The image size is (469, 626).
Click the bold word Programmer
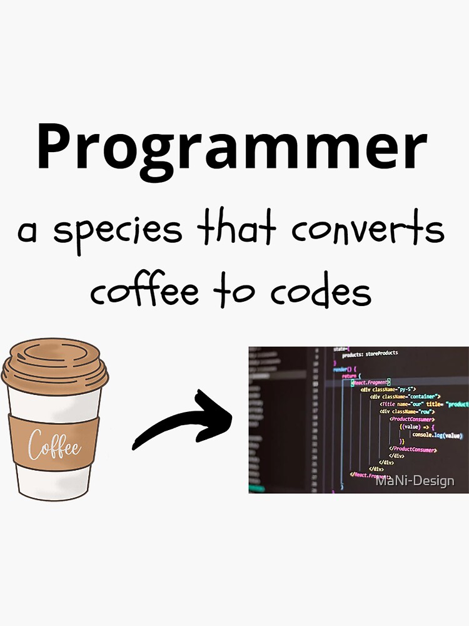pos(231,148)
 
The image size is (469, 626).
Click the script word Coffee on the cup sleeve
pos(54,446)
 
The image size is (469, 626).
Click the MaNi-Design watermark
pos(415,481)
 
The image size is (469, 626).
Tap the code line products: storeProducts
pos(370,354)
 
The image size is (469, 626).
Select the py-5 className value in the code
pos(408,389)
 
